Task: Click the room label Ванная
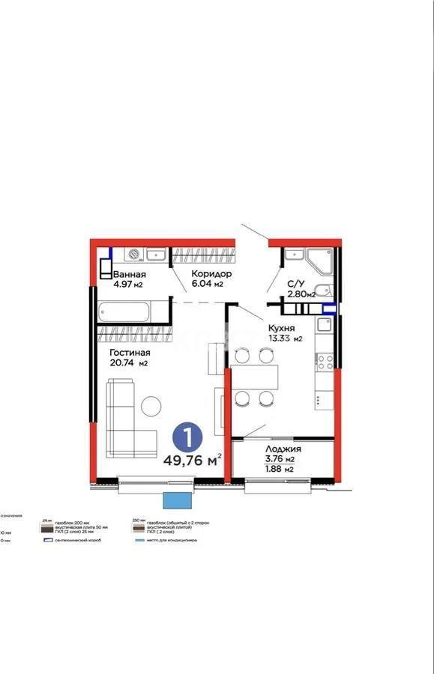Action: point(128,274)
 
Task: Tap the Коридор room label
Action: point(211,274)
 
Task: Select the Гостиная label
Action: point(130,353)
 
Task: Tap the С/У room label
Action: point(295,284)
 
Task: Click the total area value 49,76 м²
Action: point(192,459)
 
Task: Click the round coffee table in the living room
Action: point(152,406)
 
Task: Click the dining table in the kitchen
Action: point(254,377)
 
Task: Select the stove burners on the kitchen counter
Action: point(325,362)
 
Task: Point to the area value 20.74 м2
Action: point(128,363)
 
